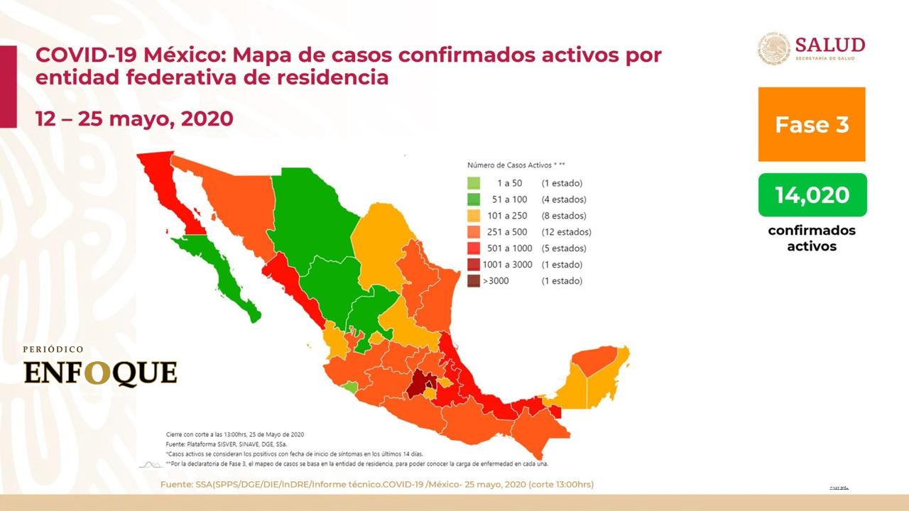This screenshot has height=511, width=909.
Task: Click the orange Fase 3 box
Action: pos(812,124)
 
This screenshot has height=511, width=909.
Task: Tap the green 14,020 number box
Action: pos(812,194)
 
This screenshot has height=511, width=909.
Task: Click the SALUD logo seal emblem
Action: pos(773,48)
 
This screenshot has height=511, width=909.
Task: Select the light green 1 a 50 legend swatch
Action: pos(474,183)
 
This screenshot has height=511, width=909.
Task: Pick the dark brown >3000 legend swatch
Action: pos(474,281)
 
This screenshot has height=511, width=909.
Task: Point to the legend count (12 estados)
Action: pos(566,232)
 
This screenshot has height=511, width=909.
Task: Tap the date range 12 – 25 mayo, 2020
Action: pos(134,119)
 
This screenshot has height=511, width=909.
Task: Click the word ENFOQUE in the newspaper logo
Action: pos(100,373)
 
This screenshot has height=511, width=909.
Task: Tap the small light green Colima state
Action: pos(349,387)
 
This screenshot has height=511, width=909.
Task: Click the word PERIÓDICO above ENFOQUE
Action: pos(53,350)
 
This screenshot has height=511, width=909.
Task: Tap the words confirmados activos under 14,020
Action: pos(812,238)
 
